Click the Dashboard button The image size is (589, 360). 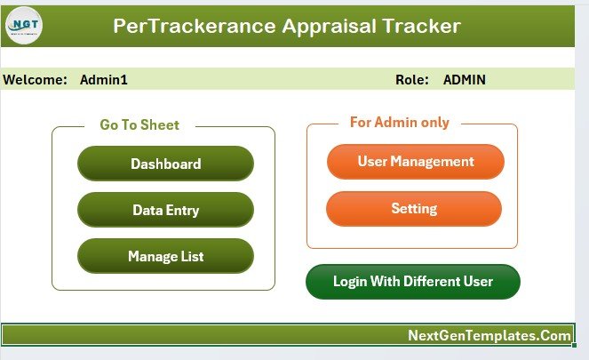(x=165, y=164)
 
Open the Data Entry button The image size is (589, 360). (x=165, y=211)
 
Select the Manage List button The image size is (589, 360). (x=165, y=257)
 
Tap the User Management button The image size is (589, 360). (x=415, y=162)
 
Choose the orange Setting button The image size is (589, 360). (x=414, y=209)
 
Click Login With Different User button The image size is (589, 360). (x=412, y=282)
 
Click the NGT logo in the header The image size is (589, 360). (x=24, y=26)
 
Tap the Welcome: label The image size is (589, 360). (x=36, y=80)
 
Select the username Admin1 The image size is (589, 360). (x=104, y=80)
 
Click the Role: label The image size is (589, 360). (x=412, y=80)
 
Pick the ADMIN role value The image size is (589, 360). (x=464, y=80)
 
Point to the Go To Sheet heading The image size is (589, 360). (x=139, y=125)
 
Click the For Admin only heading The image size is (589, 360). (x=399, y=123)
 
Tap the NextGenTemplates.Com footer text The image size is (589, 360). (x=489, y=335)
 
